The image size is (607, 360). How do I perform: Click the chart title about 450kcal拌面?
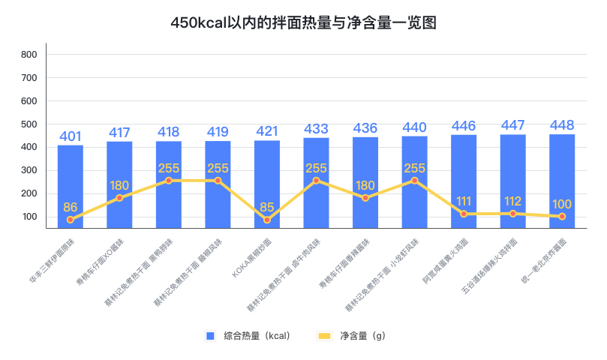(x=303, y=23)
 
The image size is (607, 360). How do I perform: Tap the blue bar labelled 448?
(x=562, y=180)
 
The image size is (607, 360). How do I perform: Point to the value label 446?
(x=464, y=125)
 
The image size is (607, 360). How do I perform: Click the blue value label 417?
(x=119, y=133)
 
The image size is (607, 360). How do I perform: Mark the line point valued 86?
(x=71, y=220)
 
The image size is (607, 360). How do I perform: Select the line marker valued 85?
(x=267, y=220)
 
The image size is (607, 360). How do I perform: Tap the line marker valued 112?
(x=513, y=214)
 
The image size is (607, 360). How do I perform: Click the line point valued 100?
(x=562, y=216)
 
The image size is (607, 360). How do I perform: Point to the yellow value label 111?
(x=464, y=201)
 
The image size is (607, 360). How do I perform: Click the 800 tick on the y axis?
(x=29, y=55)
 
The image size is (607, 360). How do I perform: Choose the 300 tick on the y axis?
(x=29, y=171)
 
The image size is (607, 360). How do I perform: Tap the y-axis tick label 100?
(x=29, y=217)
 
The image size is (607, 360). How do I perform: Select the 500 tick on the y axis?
(x=29, y=124)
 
